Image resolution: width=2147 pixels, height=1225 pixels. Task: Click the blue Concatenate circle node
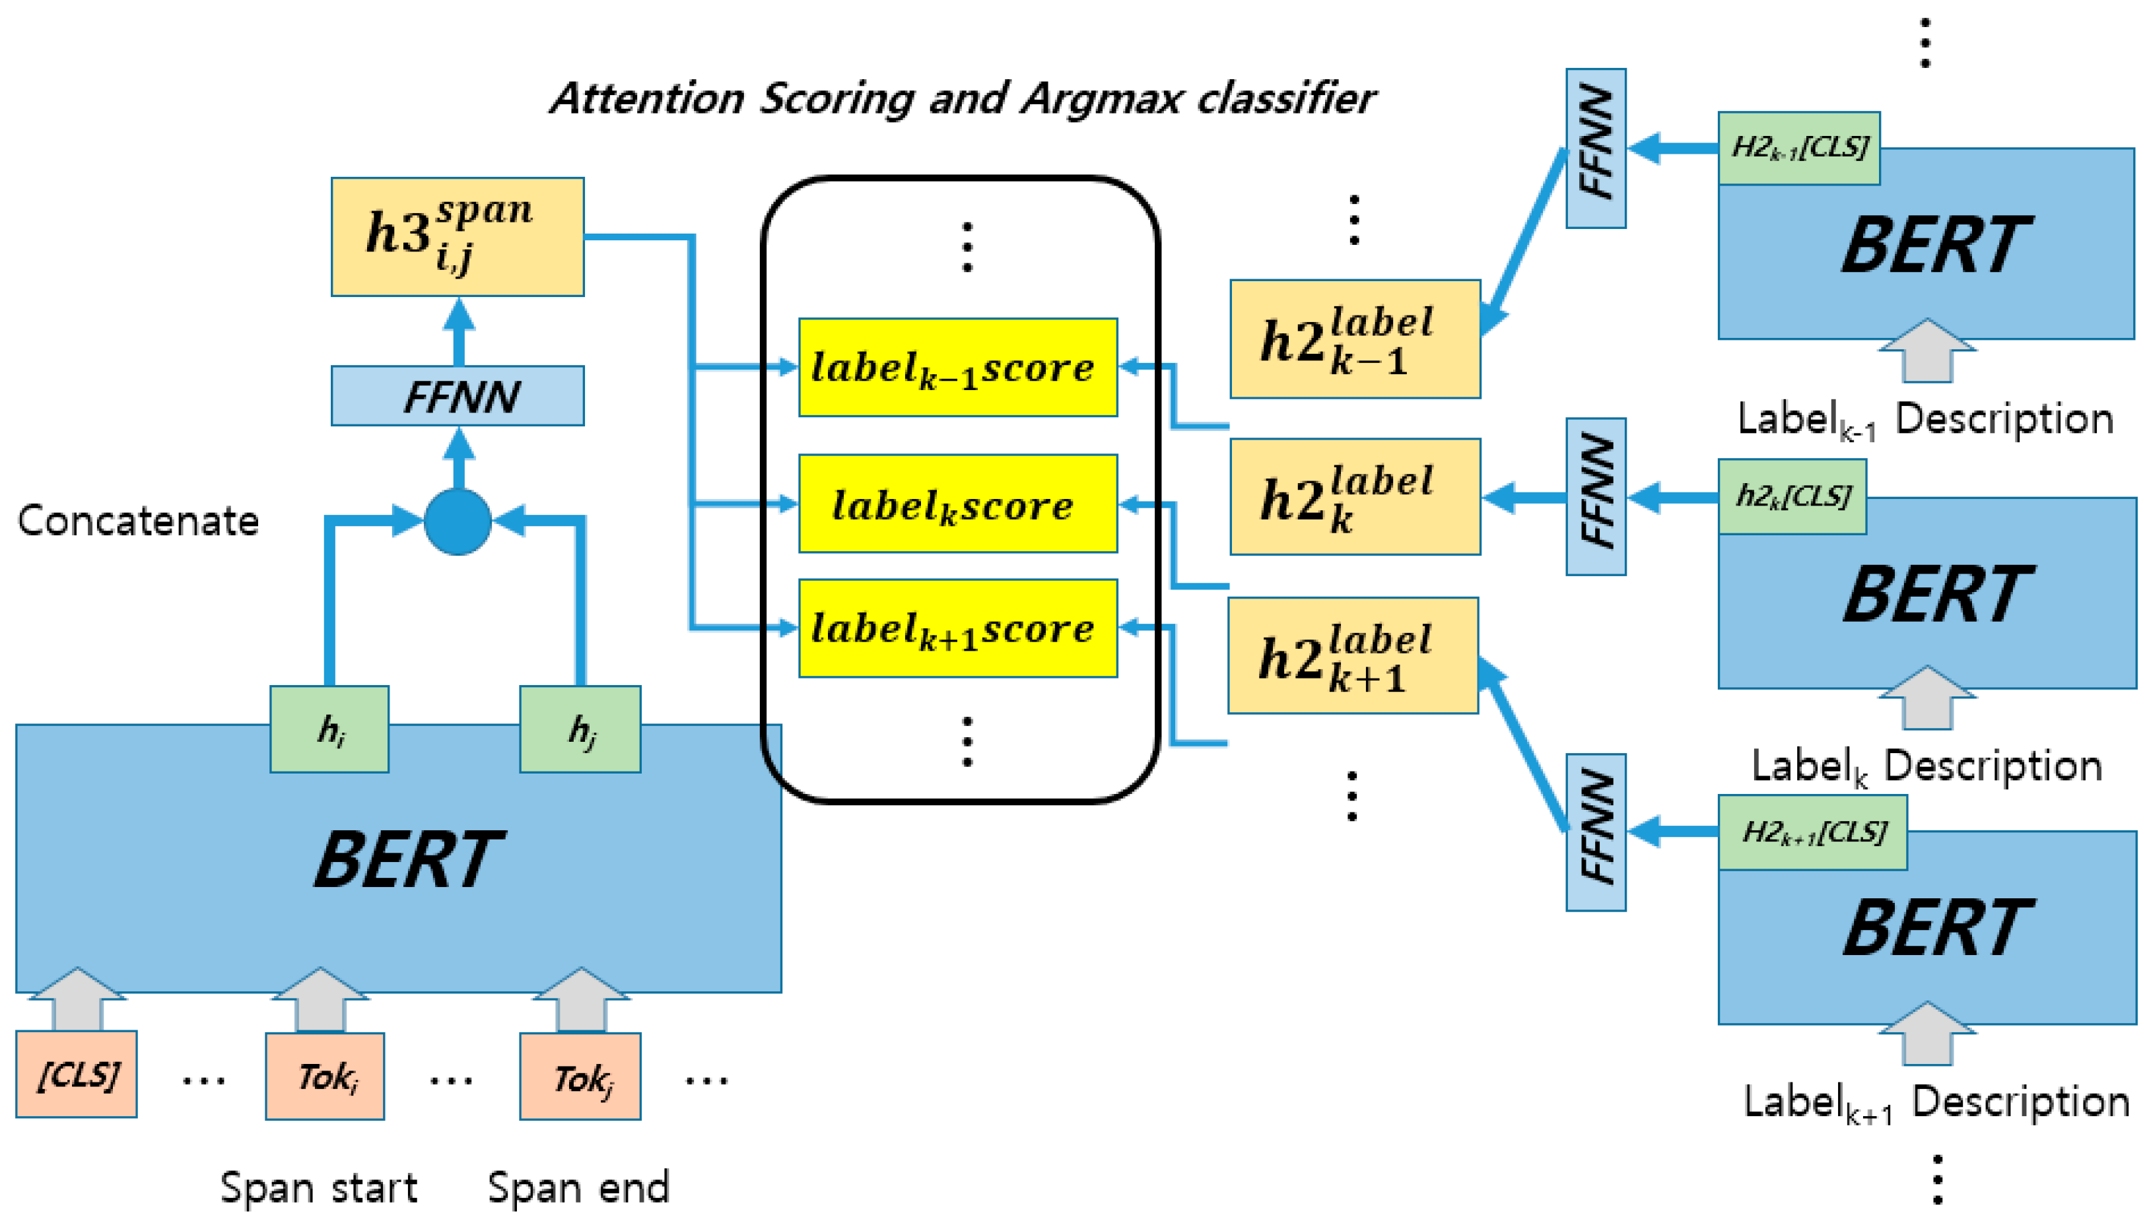click(457, 521)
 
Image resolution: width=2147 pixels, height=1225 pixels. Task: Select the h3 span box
click(457, 236)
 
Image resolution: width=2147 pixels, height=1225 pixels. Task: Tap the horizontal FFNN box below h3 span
click(457, 395)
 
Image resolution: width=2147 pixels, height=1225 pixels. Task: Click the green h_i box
click(329, 729)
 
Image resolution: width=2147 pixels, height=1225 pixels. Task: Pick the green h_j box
click(580, 729)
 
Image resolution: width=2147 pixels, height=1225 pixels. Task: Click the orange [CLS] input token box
click(77, 1075)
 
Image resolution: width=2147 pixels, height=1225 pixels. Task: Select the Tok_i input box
click(325, 1076)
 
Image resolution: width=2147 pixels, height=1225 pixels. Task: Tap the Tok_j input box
click(580, 1076)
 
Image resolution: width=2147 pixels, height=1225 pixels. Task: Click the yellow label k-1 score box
click(957, 367)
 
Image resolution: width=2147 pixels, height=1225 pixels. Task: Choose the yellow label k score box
click(957, 503)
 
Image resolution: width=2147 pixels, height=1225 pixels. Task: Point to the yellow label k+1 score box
click(957, 628)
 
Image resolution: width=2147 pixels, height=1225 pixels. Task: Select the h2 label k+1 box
click(1353, 655)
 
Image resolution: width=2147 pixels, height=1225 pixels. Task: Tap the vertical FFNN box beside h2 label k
click(1595, 496)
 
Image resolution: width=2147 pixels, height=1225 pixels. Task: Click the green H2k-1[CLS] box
click(1798, 148)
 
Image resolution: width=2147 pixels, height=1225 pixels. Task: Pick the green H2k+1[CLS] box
click(1812, 832)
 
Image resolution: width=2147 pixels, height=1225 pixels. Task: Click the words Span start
click(318, 1188)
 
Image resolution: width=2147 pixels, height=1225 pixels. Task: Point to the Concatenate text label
click(138, 521)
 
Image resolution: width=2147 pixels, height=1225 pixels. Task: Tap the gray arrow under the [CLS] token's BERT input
click(77, 999)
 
